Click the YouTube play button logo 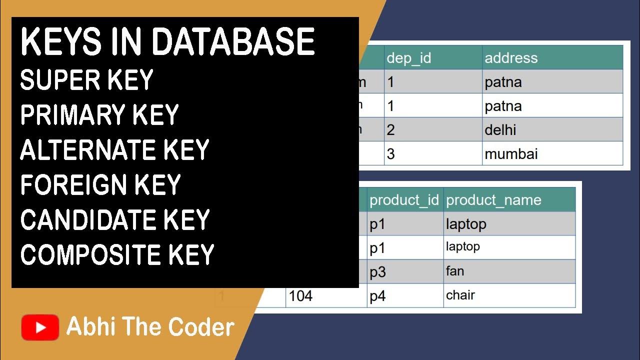click(x=40, y=327)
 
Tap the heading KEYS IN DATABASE click(x=167, y=42)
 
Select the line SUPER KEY click(x=86, y=80)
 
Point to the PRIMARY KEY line click(x=99, y=115)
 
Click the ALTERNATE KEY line click(x=114, y=150)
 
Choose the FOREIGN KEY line click(x=100, y=185)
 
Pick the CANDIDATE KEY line click(x=114, y=220)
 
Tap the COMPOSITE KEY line click(x=117, y=254)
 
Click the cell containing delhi click(x=552, y=129)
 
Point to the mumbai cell click(x=552, y=153)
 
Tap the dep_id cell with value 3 click(x=433, y=153)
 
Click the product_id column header click(x=404, y=200)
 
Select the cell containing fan click(x=509, y=271)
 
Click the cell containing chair click(x=509, y=295)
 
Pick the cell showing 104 click(x=326, y=296)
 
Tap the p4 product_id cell click(x=404, y=296)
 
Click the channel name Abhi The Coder click(x=150, y=327)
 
